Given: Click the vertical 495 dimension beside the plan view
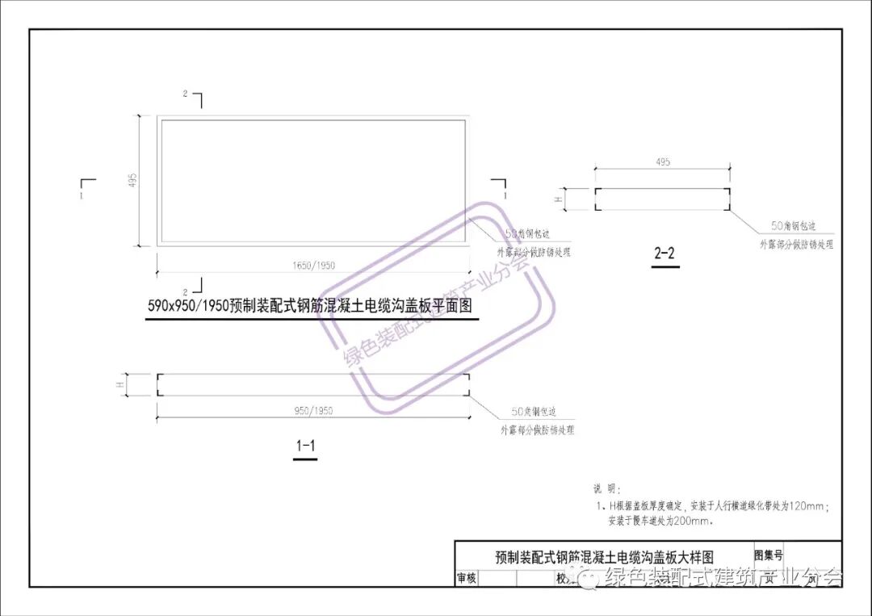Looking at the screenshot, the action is pyautogui.click(x=133, y=180).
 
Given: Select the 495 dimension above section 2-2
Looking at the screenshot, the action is pyautogui.click(x=663, y=162).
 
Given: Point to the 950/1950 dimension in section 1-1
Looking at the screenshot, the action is pyautogui.click(x=313, y=411).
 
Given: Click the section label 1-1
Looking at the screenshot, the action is pyautogui.click(x=305, y=446).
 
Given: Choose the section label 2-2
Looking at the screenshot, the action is pyautogui.click(x=664, y=254).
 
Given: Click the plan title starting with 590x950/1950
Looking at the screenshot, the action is pyautogui.click(x=309, y=307).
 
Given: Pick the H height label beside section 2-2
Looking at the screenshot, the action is pyautogui.click(x=558, y=198).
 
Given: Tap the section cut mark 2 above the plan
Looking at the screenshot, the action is pyautogui.click(x=186, y=94).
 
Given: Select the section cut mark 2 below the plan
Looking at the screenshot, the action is pyautogui.click(x=186, y=291).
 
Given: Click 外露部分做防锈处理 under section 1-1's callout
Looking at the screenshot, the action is pyautogui.click(x=537, y=430).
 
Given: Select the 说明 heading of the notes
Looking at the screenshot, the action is pyautogui.click(x=605, y=488).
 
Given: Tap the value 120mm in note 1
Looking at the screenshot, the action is pyautogui.click(x=807, y=506).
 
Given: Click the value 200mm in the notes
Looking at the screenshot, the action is pyautogui.click(x=696, y=521).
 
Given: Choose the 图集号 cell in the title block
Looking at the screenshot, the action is pyautogui.click(x=768, y=555).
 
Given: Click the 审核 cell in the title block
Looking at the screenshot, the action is pyautogui.click(x=467, y=578).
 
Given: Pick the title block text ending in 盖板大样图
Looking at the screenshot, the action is pyautogui.click(x=604, y=557).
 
